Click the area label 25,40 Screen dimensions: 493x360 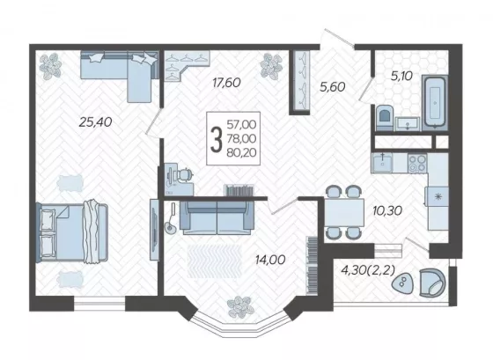(95, 122)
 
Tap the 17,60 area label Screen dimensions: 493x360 (226, 83)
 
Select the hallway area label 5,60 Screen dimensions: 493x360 (333, 87)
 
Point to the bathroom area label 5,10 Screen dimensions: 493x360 (401, 76)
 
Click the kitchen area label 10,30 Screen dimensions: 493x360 (387, 210)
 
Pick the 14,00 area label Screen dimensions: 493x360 (270, 260)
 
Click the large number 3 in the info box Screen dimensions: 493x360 (217, 139)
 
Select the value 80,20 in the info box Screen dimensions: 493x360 (241, 152)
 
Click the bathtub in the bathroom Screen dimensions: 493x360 (435, 102)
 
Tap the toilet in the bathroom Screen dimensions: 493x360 (385, 118)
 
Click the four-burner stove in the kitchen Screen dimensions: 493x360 (417, 163)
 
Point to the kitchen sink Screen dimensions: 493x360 (382, 163)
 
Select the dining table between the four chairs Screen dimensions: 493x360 (344, 212)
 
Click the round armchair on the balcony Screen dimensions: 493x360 (432, 283)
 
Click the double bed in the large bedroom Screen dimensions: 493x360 (72, 232)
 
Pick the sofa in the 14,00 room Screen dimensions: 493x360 (217, 217)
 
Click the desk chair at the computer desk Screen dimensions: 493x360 (185, 175)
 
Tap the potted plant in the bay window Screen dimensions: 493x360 (240, 307)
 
